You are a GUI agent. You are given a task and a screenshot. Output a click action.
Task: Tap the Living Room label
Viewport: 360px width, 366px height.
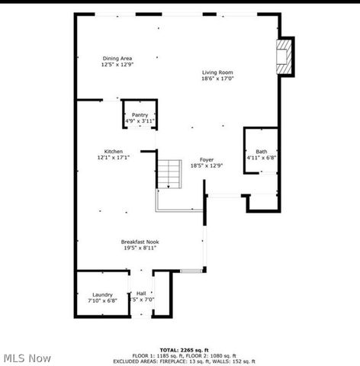[x=217, y=72]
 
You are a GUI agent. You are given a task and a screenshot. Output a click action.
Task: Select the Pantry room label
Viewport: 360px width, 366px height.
[x=140, y=114]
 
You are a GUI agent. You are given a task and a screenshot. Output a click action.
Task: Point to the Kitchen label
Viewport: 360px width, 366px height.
[x=114, y=151]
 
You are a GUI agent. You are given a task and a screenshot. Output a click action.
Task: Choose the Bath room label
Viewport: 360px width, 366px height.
[x=261, y=151]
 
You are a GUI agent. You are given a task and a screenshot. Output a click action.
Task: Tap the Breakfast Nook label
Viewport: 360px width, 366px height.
[x=140, y=242]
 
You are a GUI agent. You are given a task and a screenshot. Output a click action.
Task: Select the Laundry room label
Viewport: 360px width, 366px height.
[x=102, y=294]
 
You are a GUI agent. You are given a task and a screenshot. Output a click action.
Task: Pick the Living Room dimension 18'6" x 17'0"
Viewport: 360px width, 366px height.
[x=217, y=78]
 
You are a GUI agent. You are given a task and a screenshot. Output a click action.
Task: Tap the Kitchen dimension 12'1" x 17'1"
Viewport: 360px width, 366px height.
[x=114, y=157]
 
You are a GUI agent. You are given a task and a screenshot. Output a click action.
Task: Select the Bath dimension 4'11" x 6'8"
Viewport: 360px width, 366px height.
[x=261, y=157]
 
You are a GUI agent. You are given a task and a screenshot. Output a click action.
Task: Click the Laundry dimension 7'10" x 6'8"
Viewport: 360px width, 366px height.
[x=102, y=300]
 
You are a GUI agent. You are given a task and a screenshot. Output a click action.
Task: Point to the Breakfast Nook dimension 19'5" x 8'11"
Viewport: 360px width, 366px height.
[x=140, y=248]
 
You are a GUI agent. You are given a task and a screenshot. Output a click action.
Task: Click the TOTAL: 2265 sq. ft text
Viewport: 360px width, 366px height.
[x=181, y=348]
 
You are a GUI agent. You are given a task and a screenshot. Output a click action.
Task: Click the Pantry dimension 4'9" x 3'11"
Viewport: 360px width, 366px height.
[x=140, y=120]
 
